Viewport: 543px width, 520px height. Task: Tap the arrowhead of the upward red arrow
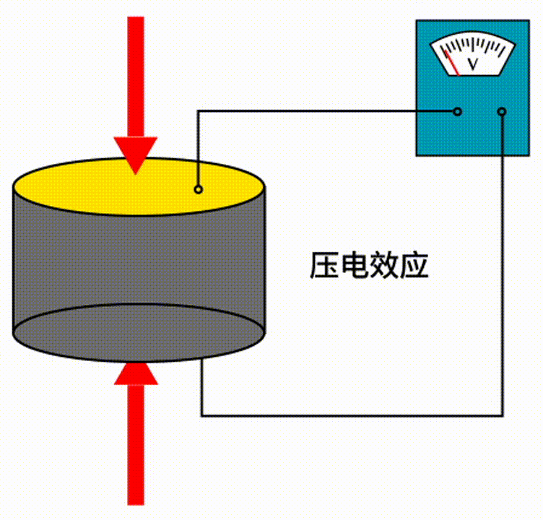coord(136,373)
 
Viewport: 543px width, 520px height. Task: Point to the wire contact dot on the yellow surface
coord(198,190)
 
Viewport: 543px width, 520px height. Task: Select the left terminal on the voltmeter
coord(457,111)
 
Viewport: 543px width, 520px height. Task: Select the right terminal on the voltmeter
coord(503,111)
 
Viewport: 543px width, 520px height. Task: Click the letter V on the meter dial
coord(474,64)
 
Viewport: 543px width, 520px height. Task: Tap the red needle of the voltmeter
coord(452,62)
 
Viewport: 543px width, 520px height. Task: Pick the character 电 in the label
coord(355,266)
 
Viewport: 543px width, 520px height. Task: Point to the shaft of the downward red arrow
coord(135,72)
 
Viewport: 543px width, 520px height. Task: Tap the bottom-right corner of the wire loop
coord(503,415)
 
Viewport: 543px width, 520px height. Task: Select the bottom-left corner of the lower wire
coord(201,415)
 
